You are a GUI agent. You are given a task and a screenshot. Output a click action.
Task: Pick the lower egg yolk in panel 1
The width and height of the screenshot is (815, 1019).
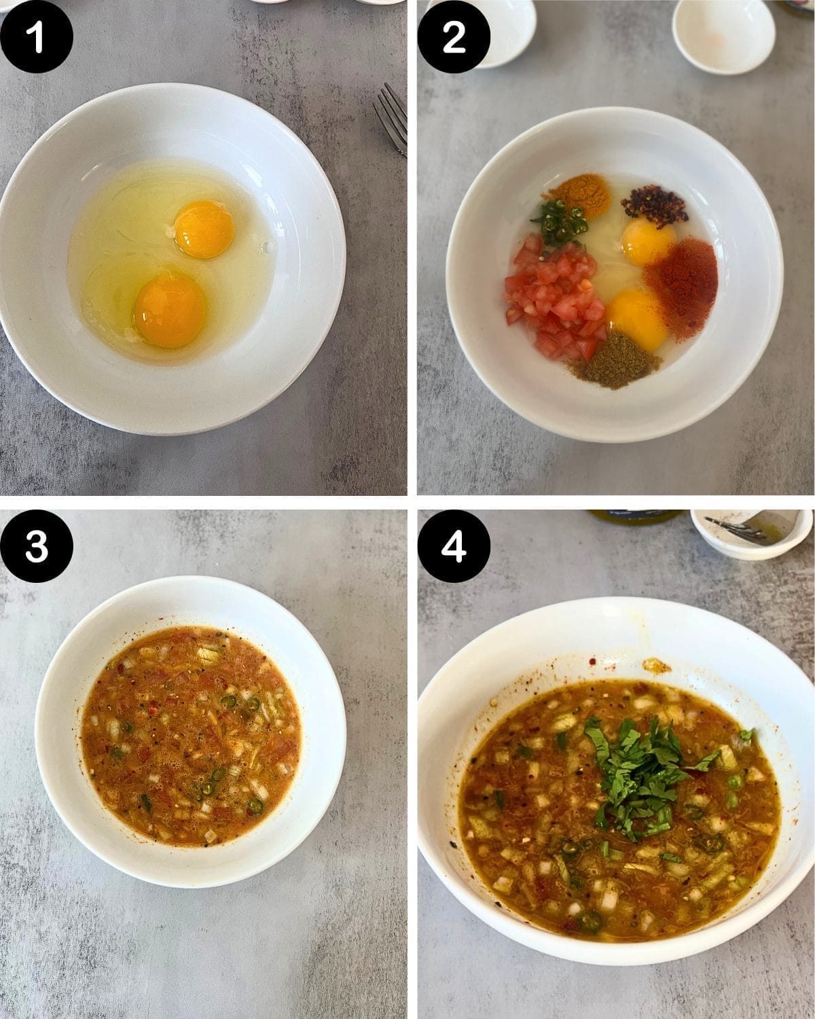[170, 310]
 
